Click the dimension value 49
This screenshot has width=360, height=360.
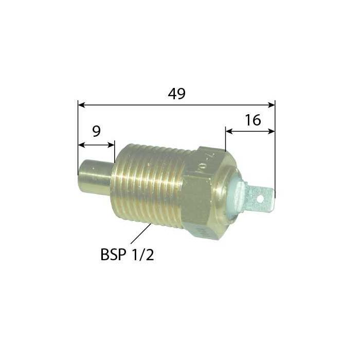click(x=176, y=94)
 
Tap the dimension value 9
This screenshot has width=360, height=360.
click(x=96, y=132)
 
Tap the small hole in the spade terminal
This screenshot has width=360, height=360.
click(x=261, y=197)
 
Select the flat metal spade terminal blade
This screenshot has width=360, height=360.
click(x=260, y=197)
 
